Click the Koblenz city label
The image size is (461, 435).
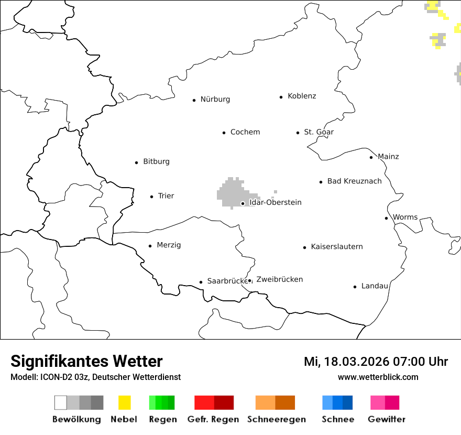coord(302,96)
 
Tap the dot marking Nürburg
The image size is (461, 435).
coord(194,100)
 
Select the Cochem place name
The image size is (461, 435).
coord(245,132)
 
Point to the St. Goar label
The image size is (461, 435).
coord(319,132)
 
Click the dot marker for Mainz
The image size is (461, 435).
coord(371,157)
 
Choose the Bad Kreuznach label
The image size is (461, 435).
coord(354,181)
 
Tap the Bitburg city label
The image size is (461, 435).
coord(156,161)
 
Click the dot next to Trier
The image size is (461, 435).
coord(151,197)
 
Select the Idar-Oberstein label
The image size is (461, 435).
coord(276,202)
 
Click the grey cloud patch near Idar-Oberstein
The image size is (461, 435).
coord(229,192)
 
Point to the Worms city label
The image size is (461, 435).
coord(405,217)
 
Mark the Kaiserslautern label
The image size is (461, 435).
coord(336,246)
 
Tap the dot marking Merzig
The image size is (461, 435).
coord(150,245)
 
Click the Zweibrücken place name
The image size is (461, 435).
coord(279,279)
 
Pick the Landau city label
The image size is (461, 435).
coord(375,286)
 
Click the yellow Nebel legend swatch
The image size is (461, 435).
coord(124,403)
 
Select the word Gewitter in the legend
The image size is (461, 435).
coord(387,419)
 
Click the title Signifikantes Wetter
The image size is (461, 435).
coord(86,361)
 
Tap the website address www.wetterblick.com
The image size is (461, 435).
coord(378,377)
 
